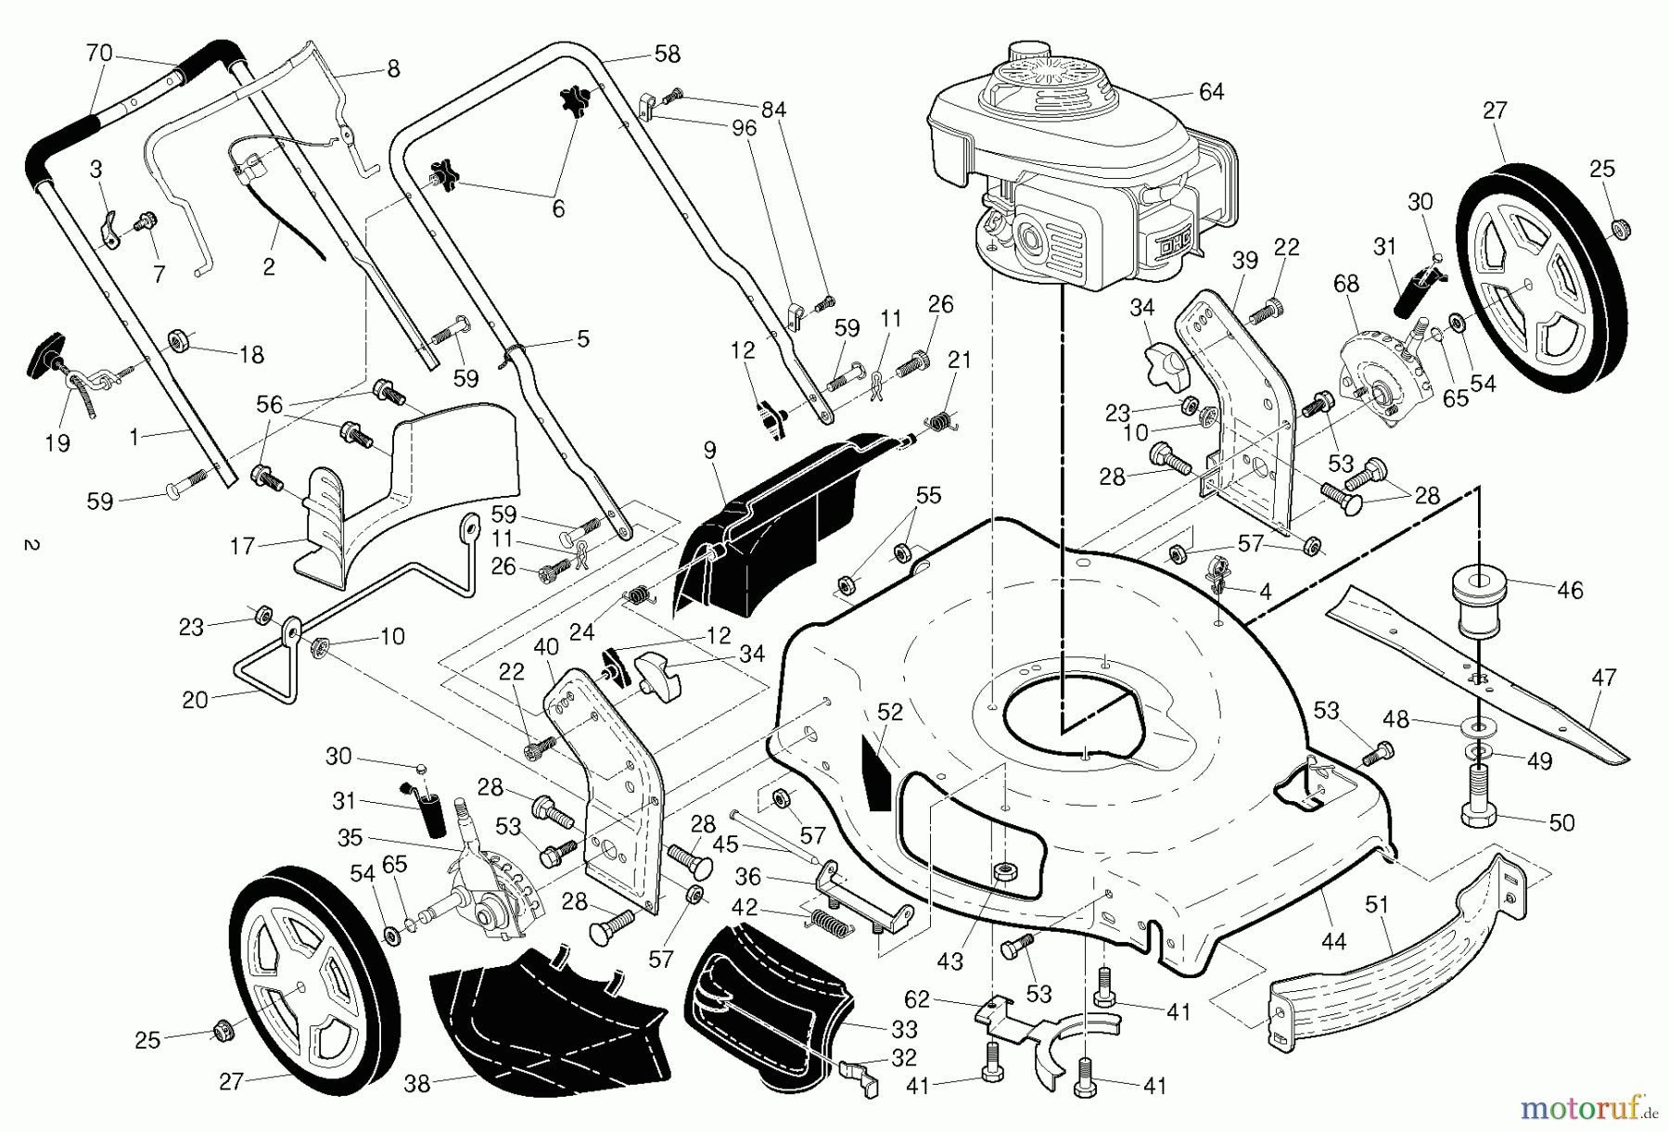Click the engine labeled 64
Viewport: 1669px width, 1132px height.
(x=1076, y=167)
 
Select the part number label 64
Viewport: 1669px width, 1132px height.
(x=1211, y=92)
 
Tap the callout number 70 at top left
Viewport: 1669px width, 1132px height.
(x=98, y=53)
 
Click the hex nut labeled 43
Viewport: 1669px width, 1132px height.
(x=1002, y=871)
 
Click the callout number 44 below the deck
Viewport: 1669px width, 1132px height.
(x=1332, y=941)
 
